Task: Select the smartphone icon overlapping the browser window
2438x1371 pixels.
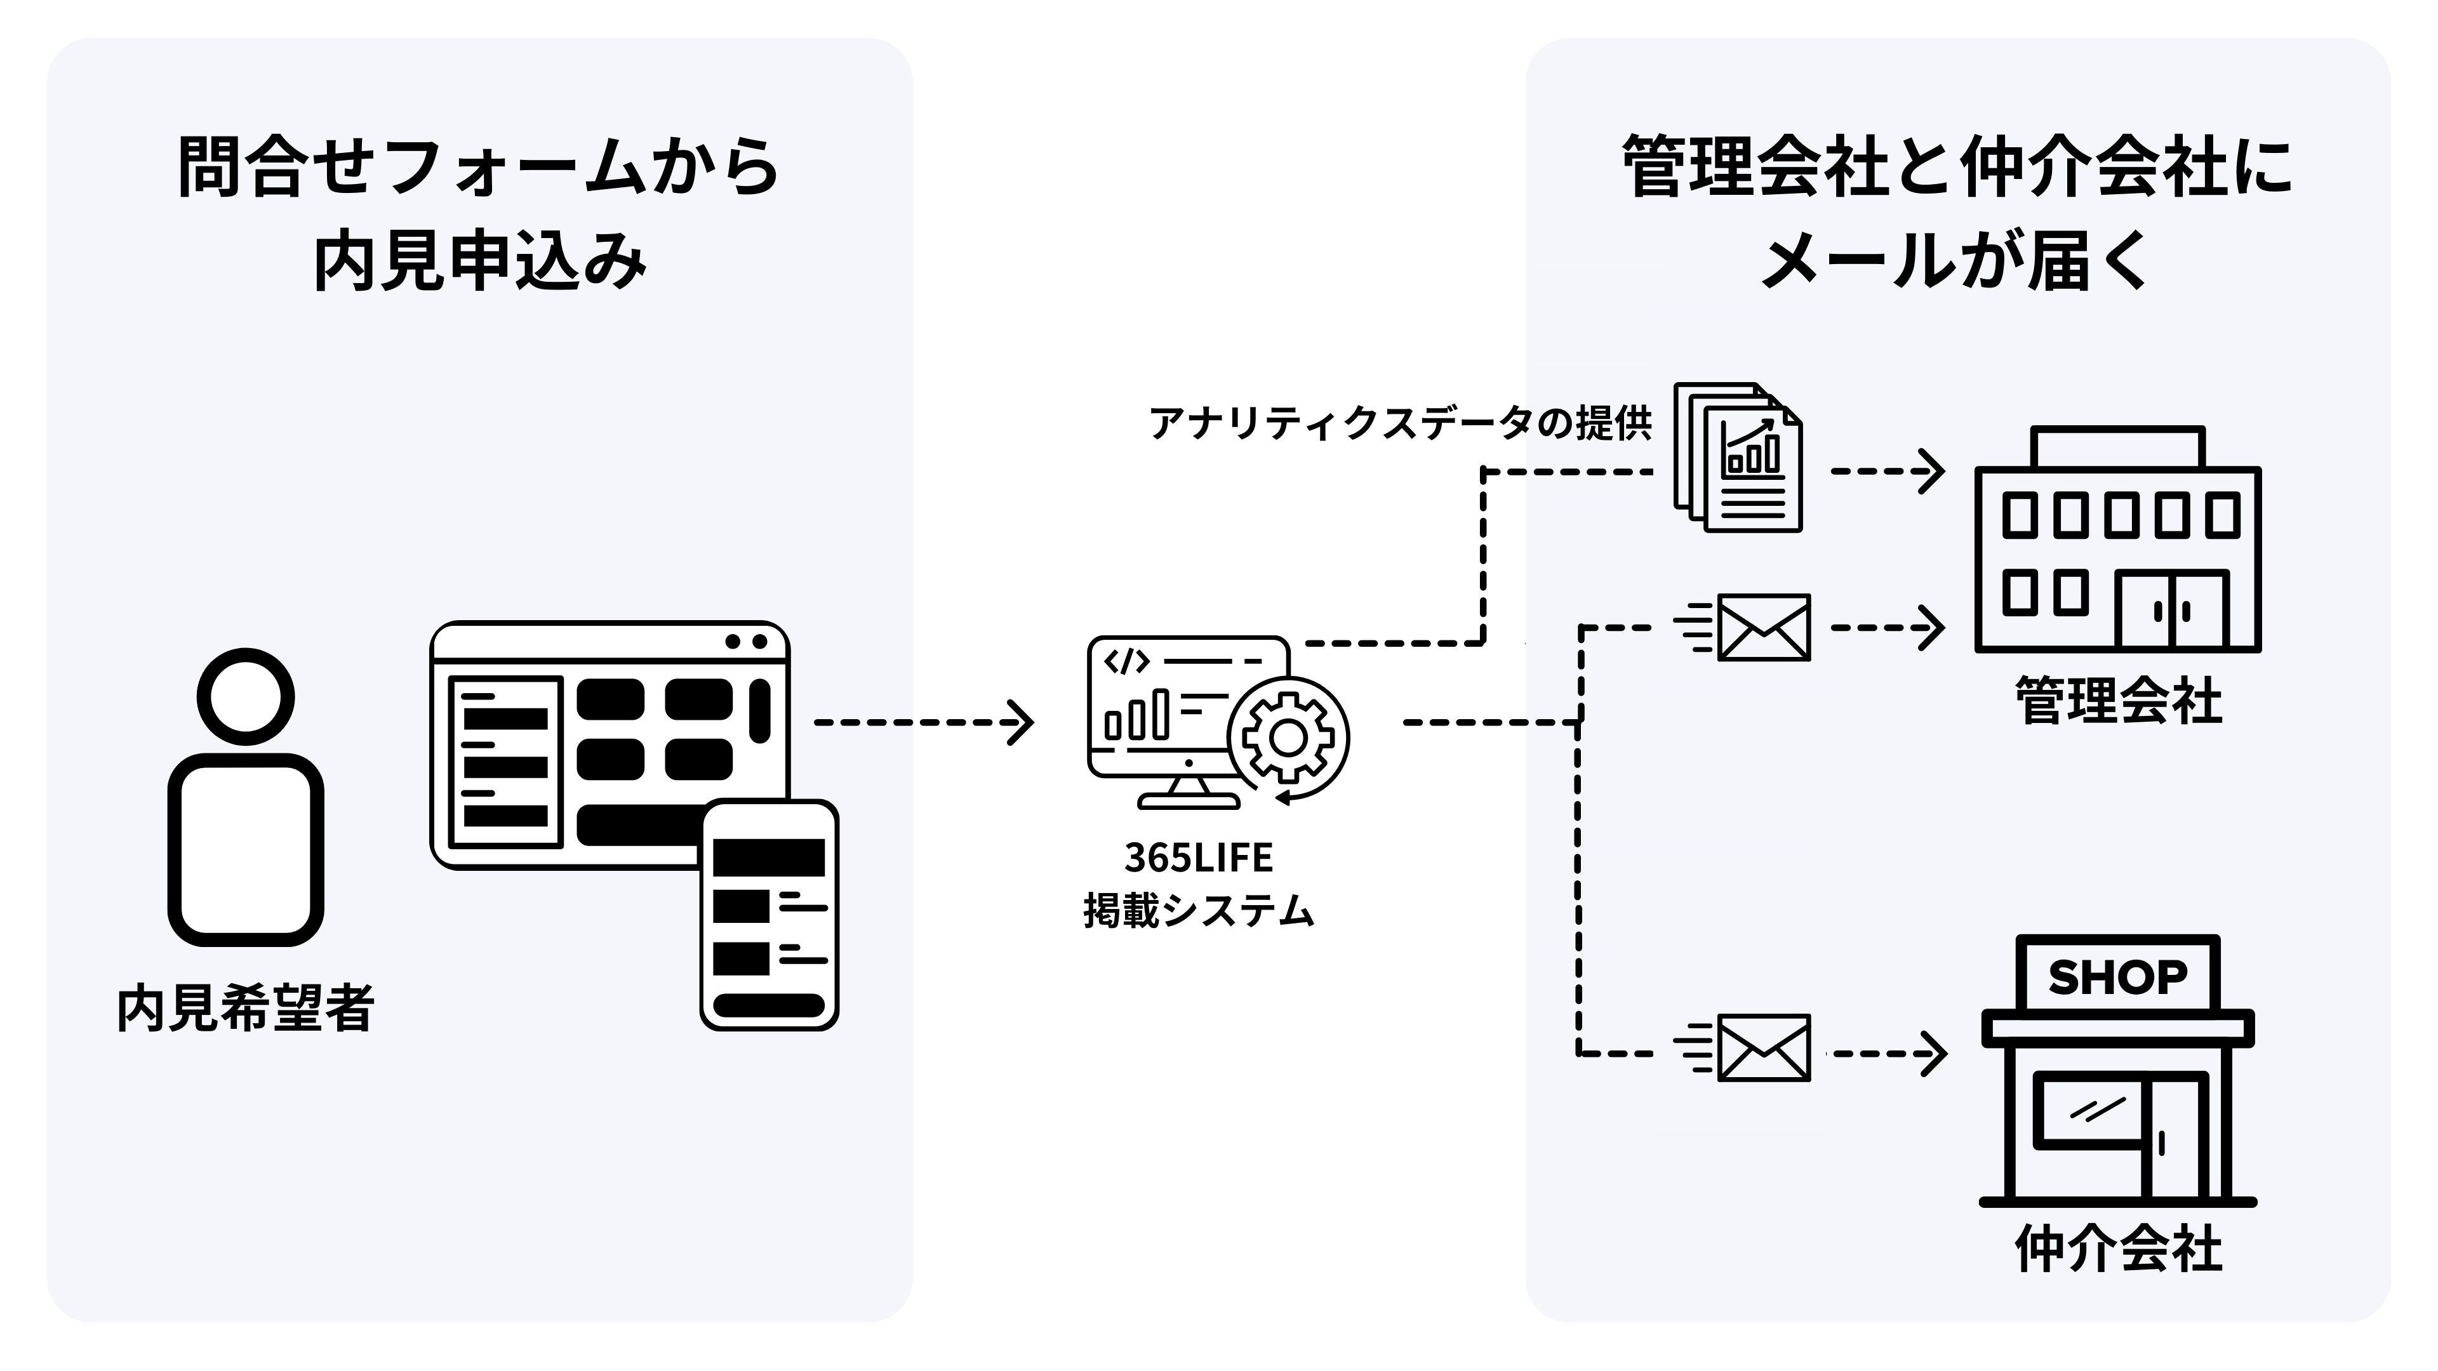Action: (x=769, y=915)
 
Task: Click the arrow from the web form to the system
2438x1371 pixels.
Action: (x=924, y=723)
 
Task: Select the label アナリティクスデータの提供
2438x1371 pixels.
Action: (x=1400, y=423)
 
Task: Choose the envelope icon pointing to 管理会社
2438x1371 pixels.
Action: (x=1762, y=627)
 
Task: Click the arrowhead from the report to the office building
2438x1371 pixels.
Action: (x=1931, y=471)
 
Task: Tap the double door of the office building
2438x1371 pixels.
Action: (x=2171, y=610)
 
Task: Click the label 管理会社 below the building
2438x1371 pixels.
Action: (x=2118, y=702)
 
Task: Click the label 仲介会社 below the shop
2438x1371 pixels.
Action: (x=2118, y=1249)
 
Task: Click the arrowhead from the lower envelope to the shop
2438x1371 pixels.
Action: (x=1933, y=1053)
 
